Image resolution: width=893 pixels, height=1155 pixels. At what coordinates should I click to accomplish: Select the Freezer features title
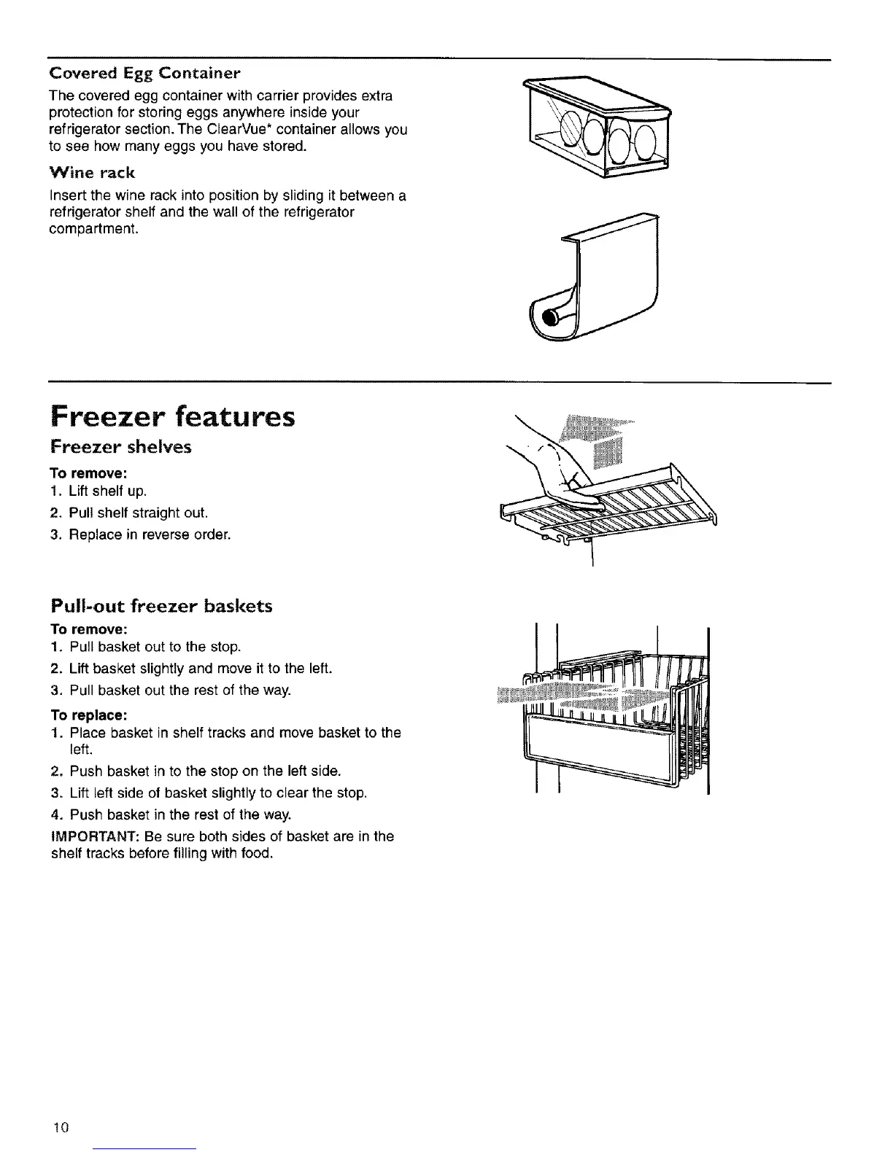click(x=172, y=417)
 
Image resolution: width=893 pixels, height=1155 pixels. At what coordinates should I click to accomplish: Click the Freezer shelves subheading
click(x=120, y=446)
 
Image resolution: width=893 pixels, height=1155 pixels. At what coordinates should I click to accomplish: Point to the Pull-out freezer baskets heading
click(x=161, y=606)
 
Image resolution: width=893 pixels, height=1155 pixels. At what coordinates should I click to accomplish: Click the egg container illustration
click(x=598, y=128)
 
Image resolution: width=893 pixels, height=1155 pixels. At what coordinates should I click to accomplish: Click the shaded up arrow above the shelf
click(x=595, y=440)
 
